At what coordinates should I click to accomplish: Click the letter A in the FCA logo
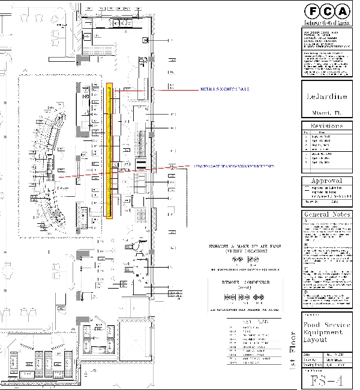point(341,11)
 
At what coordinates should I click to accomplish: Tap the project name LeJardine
point(325,98)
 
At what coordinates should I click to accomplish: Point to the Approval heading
point(325,181)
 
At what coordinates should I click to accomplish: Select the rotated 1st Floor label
point(293,351)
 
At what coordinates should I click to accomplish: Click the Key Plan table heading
point(250,322)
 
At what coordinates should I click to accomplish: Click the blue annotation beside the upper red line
point(224,90)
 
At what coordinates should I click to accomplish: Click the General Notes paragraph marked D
point(325,298)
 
